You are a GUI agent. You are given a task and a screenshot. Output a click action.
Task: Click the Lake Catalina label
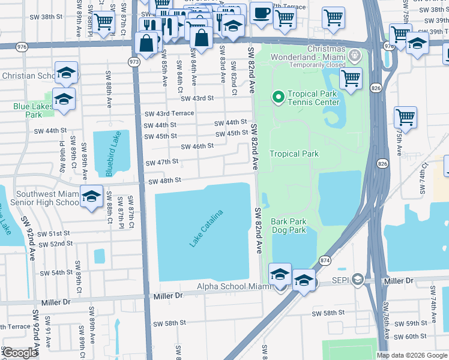pyautogui.click(x=206, y=229)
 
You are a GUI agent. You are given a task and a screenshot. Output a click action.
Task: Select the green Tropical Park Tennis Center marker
pyautogui.click(x=278, y=96)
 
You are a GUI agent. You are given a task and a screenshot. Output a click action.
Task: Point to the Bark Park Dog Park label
pyautogui.click(x=289, y=226)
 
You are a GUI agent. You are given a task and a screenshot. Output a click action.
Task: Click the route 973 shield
pyautogui.click(x=134, y=61)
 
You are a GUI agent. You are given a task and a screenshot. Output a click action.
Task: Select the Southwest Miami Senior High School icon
pyautogui.click(x=91, y=197)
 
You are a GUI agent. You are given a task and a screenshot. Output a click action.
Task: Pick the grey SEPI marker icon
pyautogui.click(x=358, y=280)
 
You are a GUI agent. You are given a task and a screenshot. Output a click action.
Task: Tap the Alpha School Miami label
pyautogui.click(x=235, y=287)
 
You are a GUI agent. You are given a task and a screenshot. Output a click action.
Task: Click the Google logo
pyautogui.click(x=20, y=353)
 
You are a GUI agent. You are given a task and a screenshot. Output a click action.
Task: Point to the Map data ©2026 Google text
pyautogui.click(x=412, y=355)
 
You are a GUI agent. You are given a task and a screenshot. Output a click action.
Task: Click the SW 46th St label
pyautogui.click(x=197, y=146)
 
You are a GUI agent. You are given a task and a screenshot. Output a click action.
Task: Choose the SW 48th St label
pyautogui.click(x=164, y=181)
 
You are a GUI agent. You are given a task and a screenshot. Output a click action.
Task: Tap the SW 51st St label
pyautogui.click(x=53, y=233)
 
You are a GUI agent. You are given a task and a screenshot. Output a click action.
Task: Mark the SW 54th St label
pyautogui.click(x=56, y=272)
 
